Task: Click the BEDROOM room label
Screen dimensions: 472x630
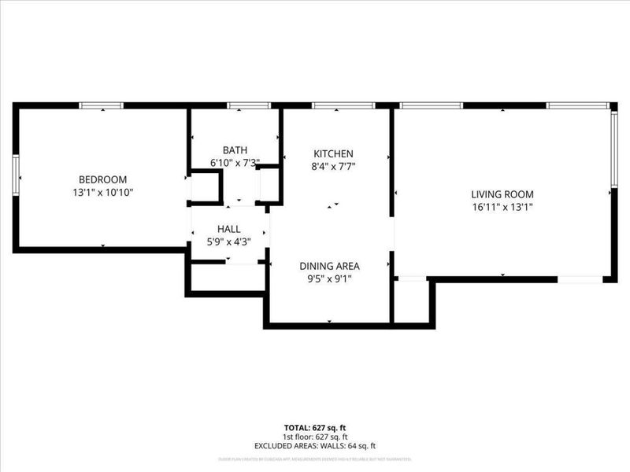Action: [102, 179]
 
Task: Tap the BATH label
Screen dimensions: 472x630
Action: [235, 150]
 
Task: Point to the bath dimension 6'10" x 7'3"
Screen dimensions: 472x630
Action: [235, 163]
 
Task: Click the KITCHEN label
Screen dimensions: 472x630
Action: [334, 153]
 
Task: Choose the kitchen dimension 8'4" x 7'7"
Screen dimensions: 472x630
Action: [334, 166]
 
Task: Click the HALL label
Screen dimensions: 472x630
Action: [228, 229]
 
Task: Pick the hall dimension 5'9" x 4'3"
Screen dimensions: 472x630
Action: [228, 242]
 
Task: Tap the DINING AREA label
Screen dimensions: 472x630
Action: [329, 265]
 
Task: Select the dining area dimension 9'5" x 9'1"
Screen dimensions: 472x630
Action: [329, 278]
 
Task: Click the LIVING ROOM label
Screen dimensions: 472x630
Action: [502, 194]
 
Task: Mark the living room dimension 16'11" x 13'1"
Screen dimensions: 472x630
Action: [502, 208]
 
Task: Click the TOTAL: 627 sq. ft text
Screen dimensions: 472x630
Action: [315, 427]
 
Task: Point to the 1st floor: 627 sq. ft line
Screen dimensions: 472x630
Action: [315, 437]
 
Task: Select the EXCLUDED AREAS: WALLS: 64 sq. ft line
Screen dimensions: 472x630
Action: [315, 446]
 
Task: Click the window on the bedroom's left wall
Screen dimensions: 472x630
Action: [16, 173]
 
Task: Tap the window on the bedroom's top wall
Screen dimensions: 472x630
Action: [102, 105]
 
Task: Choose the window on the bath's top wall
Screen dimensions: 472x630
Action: [249, 105]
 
